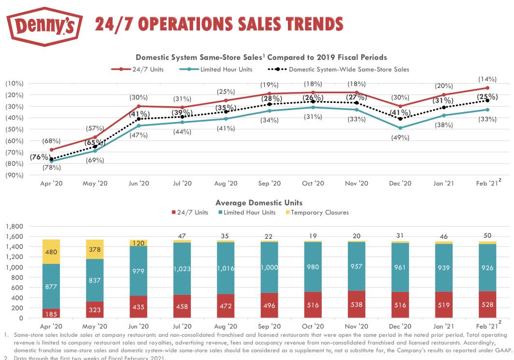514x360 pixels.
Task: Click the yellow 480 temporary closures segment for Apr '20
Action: coord(52,251)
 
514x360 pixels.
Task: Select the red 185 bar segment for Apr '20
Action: coord(52,313)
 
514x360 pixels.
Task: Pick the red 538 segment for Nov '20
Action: coord(357,304)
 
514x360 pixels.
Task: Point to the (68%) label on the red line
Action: coord(52,141)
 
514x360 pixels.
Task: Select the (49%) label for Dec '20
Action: coord(400,137)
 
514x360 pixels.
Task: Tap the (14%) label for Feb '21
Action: coord(487,78)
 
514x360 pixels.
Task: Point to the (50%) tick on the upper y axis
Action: coord(14,129)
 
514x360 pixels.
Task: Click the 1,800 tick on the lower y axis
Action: coord(14,226)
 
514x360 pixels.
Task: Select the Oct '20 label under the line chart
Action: coord(313,183)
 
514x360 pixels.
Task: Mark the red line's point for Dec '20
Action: coord(400,106)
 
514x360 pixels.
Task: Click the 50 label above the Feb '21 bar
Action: coord(487,235)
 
